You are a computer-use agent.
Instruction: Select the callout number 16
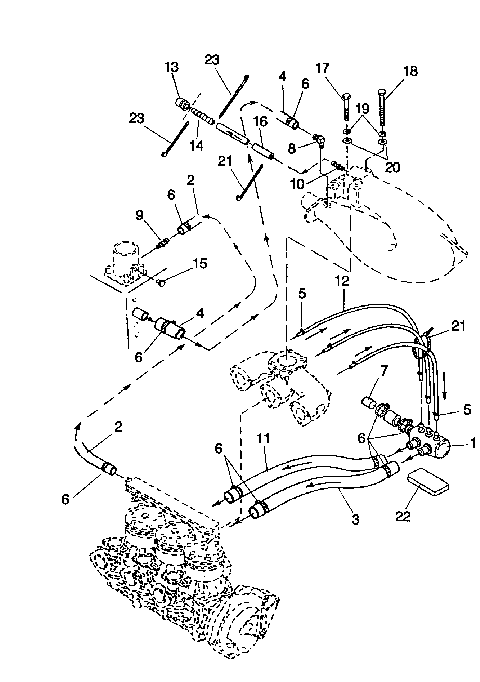tap(259, 120)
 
